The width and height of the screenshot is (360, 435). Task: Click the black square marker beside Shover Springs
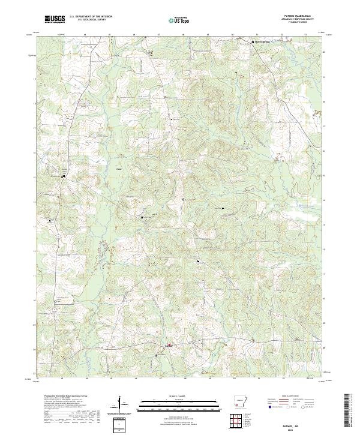252,42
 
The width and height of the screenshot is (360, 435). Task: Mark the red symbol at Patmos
170,344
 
